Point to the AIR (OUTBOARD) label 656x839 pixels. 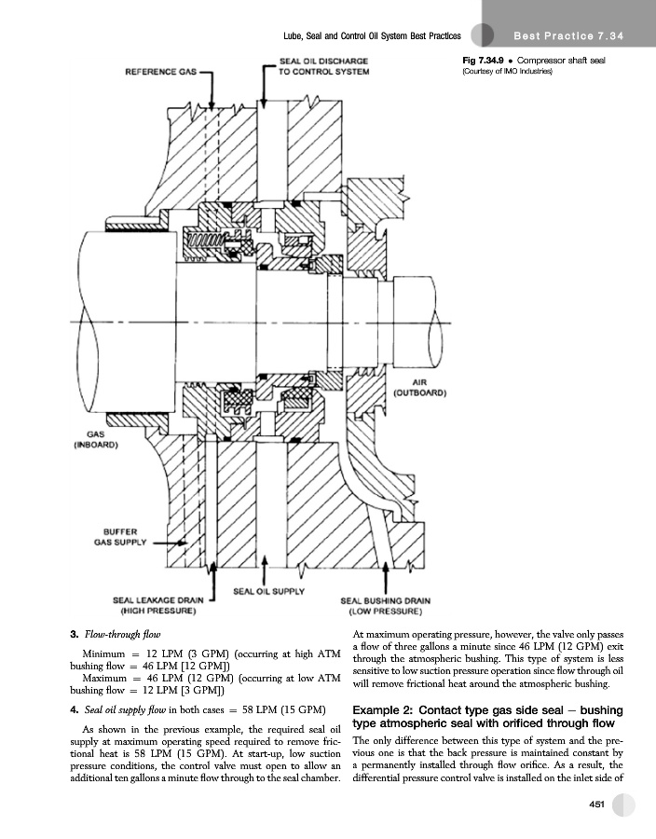tap(419, 388)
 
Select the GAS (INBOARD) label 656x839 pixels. tap(95, 439)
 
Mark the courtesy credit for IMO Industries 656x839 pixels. tap(507, 72)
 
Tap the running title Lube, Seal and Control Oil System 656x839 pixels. tap(372, 35)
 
